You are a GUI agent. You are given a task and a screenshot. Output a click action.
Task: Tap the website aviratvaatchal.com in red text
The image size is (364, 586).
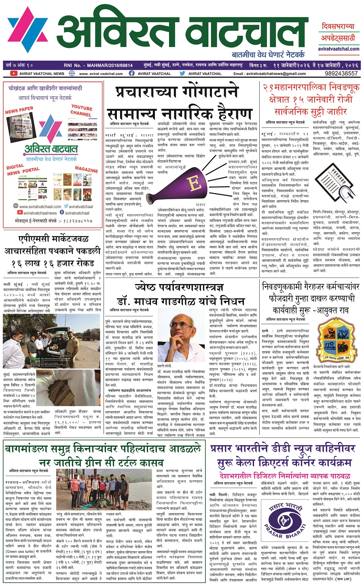(339, 49)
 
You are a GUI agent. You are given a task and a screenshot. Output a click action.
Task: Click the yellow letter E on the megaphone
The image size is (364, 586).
(195, 183)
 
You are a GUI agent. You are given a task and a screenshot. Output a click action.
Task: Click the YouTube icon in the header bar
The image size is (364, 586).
(14, 74)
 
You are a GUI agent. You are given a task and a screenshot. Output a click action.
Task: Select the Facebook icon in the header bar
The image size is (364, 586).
(132, 74)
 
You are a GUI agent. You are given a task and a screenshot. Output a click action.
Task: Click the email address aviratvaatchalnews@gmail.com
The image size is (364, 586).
(275, 74)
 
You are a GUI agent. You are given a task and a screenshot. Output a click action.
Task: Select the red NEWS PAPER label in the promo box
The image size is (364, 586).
(19, 110)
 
